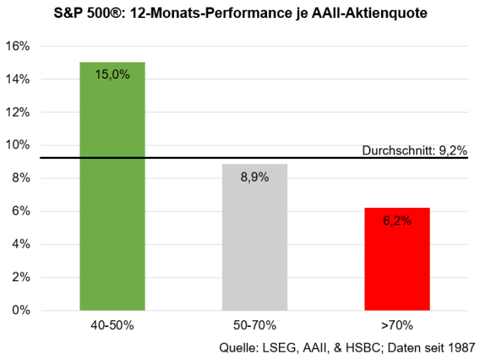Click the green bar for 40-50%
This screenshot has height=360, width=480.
(x=112, y=187)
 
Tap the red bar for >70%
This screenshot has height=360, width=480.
(x=397, y=259)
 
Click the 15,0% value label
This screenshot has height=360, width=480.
(x=112, y=73)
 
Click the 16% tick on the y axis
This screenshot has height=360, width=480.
(x=38, y=46)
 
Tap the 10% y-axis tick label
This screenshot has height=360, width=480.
(x=38, y=145)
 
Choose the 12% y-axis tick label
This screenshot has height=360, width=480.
(x=38, y=112)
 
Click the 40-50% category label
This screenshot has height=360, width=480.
(x=112, y=326)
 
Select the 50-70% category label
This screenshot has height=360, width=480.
(x=255, y=326)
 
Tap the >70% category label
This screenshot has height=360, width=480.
(x=397, y=326)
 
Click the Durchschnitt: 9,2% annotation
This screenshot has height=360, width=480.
(x=414, y=151)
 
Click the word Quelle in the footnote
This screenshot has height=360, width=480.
(x=237, y=348)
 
